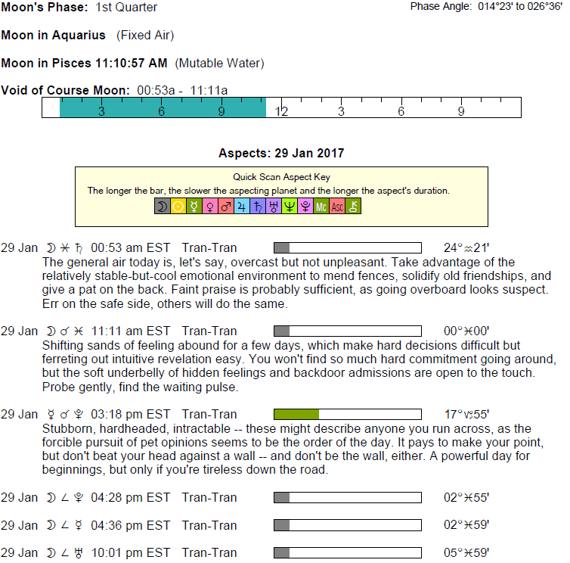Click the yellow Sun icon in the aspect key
(x=178, y=206)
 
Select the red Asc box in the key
(x=337, y=206)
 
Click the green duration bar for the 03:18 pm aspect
(x=296, y=414)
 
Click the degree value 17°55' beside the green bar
(x=466, y=414)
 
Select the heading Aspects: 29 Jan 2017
(x=281, y=153)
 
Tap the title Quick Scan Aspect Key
(x=281, y=176)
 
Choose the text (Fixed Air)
(x=145, y=36)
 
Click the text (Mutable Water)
(x=220, y=63)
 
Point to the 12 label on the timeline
(x=281, y=111)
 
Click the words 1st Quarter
(x=127, y=8)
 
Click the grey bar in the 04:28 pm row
(x=281, y=497)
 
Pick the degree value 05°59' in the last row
(x=466, y=552)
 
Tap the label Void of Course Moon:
(x=67, y=90)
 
